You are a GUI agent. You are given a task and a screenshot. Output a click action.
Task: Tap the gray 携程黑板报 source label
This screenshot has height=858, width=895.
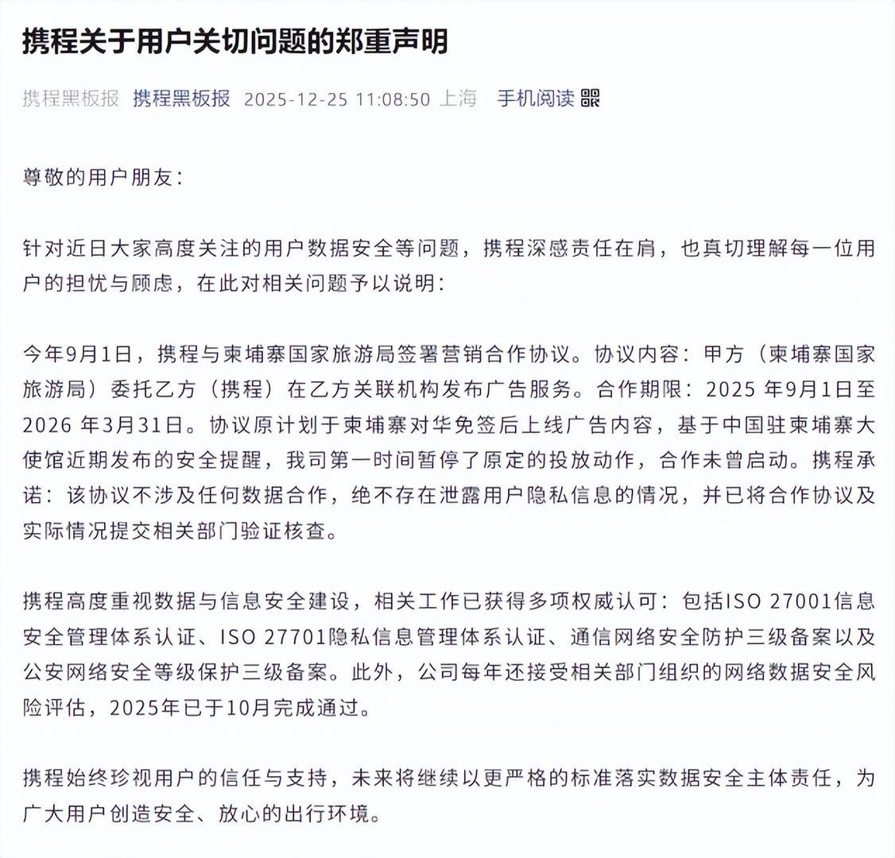point(71,99)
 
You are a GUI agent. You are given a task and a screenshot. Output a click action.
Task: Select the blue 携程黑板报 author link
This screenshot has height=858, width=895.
point(181,99)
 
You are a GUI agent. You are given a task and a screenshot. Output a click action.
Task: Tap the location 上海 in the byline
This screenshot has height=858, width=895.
point(459,99)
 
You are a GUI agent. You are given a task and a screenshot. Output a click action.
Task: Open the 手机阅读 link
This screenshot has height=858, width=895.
point(535,99)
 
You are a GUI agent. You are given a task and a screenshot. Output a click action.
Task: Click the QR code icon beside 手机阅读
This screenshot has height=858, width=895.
point(591,99)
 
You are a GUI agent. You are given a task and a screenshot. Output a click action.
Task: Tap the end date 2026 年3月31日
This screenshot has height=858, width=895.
point(103,425)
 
